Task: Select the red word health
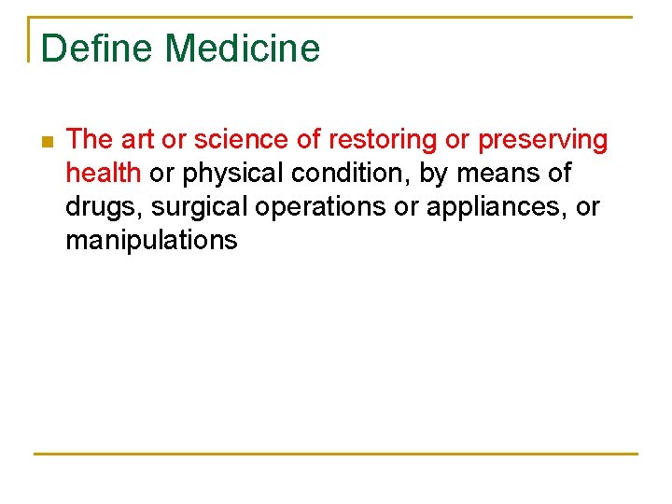tap(103, 174)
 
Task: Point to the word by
tap(435, 175)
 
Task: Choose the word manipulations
tap(151, 241)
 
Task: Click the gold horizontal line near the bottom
tap(336, 455)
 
